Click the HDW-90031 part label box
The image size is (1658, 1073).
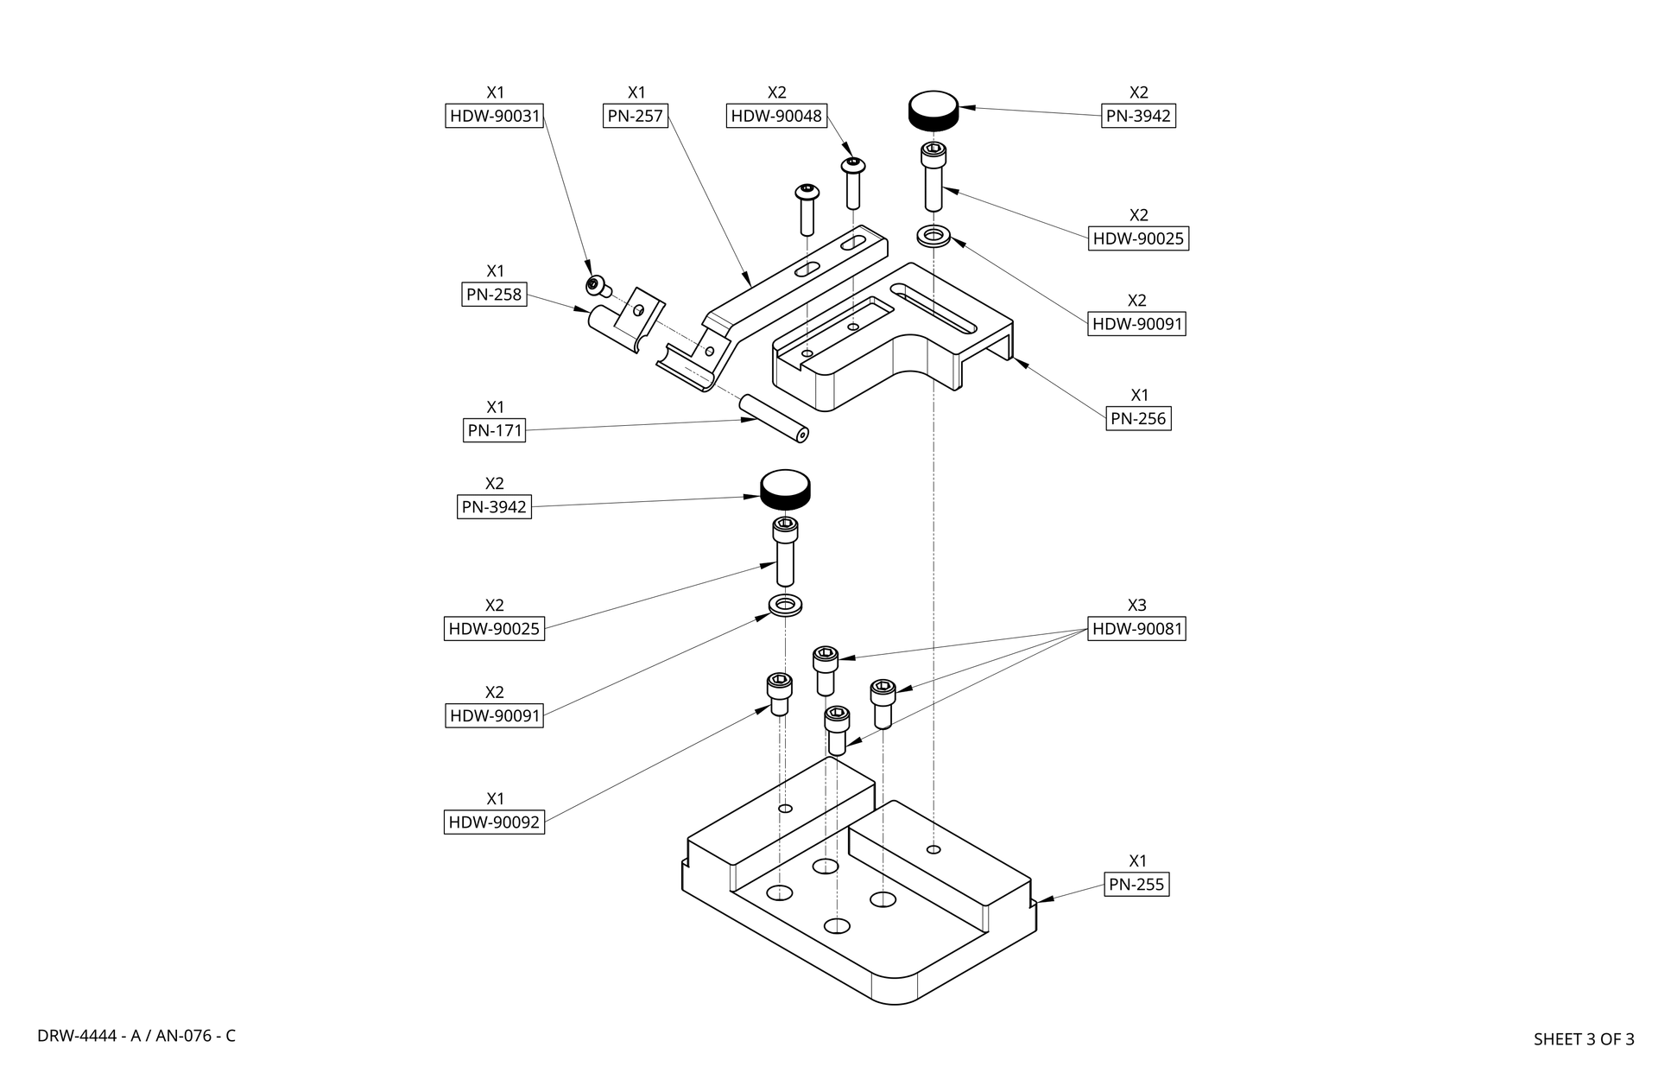(495, 116)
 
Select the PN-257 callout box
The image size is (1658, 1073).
(636, 116)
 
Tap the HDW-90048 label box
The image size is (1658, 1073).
(776, 116)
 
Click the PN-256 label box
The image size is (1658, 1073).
(1138, 419)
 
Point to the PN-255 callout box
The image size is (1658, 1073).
(1136, 885)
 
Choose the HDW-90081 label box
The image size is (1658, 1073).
(1136, 629)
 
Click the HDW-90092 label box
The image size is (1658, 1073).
(494, 822)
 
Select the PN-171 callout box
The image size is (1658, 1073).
(494, 430)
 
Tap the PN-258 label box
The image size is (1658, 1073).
(494, 295)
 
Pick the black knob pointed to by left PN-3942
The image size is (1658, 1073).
(785, 491)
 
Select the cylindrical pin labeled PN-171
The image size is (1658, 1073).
(773, 418)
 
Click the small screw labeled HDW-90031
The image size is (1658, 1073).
(596, 286)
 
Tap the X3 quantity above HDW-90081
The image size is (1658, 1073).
(1136, 606)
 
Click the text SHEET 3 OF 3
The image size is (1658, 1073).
(1583, 1039)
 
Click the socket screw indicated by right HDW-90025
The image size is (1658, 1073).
(933, 176)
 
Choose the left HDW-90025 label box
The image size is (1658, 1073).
(494, 629)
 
